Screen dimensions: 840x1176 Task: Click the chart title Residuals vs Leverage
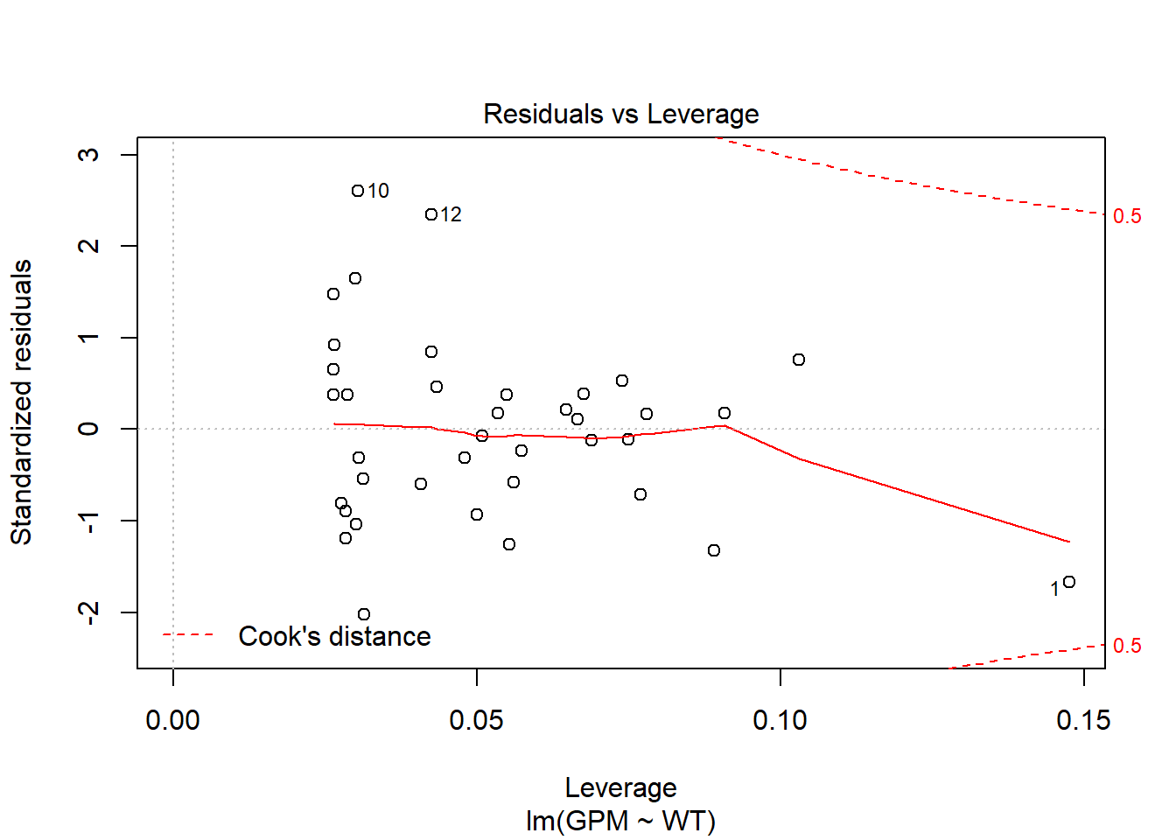pyautogui.click(x=620, y=115)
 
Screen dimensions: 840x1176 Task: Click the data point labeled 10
pyautogui.click(x=358, y=191)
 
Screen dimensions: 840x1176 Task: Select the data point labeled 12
pyautogui.click(x=431, y=214)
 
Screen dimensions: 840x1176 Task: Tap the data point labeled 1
pyautogui.click(x=1069, y=582)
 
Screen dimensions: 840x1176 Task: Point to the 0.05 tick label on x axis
pyautogui.click(x=476, y=720)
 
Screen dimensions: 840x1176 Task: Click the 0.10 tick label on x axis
pyautogui.click(x=780, y=720)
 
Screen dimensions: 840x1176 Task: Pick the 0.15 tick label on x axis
pyautogui.click(x=1083, y=720)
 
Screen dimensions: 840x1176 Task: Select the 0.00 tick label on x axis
pyautogui.click(x=173, y=720)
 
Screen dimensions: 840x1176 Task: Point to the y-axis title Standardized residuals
pyautogui.click(x=22, y=402)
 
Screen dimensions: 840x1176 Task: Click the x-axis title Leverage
pyautogui.click(x=620, y=787)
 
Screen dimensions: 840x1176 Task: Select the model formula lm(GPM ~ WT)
pyautogui.click(x=620, y=821)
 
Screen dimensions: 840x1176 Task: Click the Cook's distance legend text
pyautogui.click(x=334, y=636)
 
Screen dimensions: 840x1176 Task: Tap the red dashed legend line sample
pyautogui.click(x=188, y=634)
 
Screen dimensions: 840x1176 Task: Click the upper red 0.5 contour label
pyautogui.click(x=1127, y=216)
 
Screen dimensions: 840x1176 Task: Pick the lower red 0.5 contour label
pyautogui.click(x=1127, y=646)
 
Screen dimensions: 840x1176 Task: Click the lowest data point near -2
pyautogui.click(x=364, y=614)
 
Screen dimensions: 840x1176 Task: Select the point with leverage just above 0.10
pyautogui.click(x=799, y=360)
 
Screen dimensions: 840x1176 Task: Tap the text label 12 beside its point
pyautogui.click(x=451, y=214)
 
